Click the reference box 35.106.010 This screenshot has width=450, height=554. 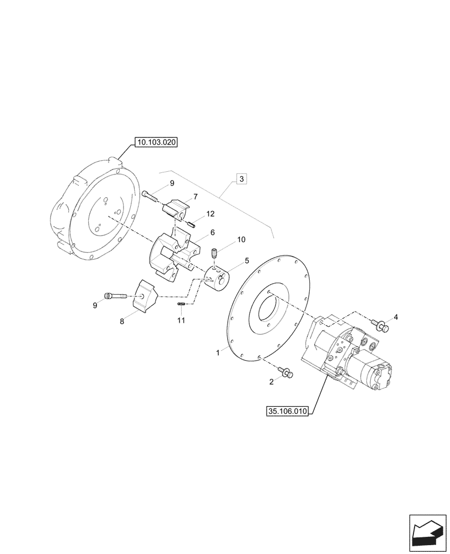[x=287, y=412]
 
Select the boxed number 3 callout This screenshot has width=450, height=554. [x=242, y=178]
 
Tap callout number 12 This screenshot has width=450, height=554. [x=211, y=214]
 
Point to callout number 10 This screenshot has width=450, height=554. [x=241, y=239]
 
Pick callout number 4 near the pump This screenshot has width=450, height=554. [x=395, y=317]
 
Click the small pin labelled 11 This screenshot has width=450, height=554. [x=181, y=304]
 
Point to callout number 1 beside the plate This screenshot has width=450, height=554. [x=218, y=352]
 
